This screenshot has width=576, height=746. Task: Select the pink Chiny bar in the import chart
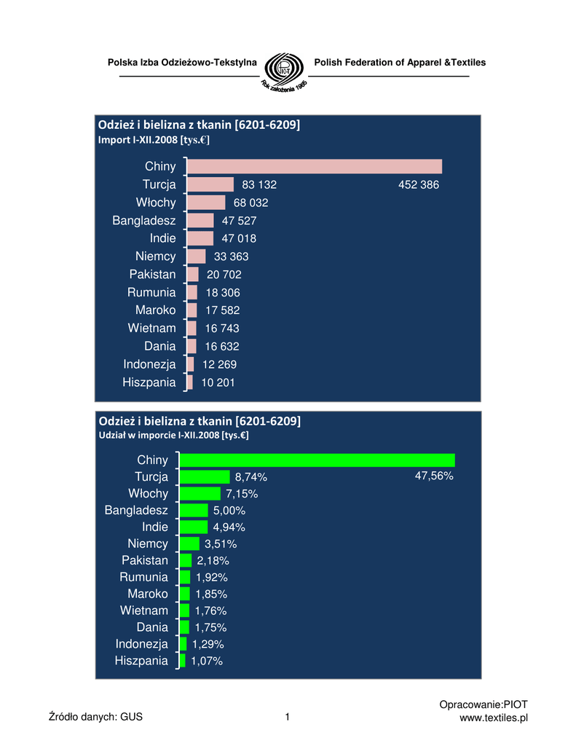pos(315,167)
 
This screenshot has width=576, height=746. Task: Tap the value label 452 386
pos(419,185)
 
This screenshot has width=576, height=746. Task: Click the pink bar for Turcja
pos(210,185)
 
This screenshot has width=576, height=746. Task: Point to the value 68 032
pos(251,203)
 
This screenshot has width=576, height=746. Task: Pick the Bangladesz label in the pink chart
pos(144,220)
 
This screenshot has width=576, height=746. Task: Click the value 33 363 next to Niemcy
pos(232,256)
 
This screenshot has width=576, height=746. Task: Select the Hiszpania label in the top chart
pos(150,382)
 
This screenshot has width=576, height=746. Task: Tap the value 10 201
pos(218,382)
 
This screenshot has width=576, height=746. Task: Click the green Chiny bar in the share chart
pos(317,460)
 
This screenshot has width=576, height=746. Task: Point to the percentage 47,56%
pos(434,476)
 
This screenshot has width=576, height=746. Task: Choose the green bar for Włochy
pos(200,494)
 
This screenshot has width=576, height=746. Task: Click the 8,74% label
pos(251,477)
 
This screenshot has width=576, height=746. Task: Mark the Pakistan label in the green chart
pos(145,560)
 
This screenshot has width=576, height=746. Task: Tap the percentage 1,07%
pos(207,661)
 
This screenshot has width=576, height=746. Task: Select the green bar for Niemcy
pos(189,543)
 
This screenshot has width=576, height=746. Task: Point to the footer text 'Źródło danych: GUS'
pos(95,718)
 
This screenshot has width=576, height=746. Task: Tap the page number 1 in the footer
pos(288,718)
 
